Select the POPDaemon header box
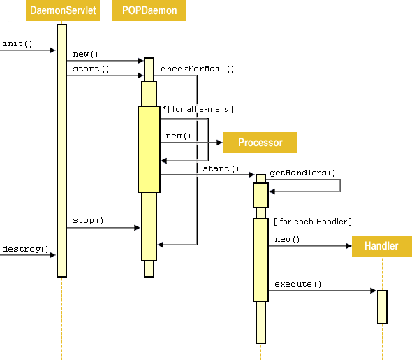pos(149,10)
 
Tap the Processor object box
pos(260,143)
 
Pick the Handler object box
pos(381,246)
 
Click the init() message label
pos(17,43)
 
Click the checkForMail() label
pos(198,69)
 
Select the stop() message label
pos(88,221)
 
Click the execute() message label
pos(297,284)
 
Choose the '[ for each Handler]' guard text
pos(312,222)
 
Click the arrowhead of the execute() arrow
pos(374,290)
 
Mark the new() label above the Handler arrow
pos(287,239)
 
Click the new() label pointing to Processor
pos(178,136)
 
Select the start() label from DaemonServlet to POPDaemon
pos(91,69)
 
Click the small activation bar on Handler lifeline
pos(382,307)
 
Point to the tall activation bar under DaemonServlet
pos(61,150)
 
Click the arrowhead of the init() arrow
pos(52,50)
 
